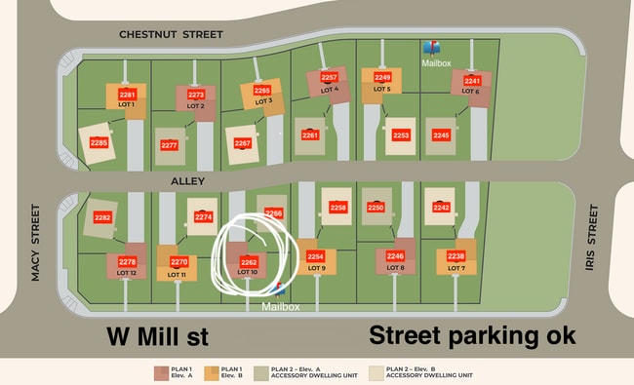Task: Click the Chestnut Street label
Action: [x=171, y=34]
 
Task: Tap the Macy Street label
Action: [x=35, y=243]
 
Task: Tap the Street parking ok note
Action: [x=472, y=336]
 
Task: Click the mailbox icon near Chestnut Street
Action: [x=431, y=47]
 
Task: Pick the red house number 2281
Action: [x=127, y=95]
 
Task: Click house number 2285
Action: [x=99, y=142]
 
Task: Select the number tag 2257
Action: [x=329, y=78]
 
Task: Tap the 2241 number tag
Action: [x=472, y=81]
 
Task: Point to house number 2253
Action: [x=401, y=135]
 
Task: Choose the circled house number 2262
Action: [x=249, y=262]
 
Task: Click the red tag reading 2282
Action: [x=102, y=218]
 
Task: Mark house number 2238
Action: [x=456, y=256]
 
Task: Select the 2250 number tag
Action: [x=376, y=208]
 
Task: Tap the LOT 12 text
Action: [x=127, y=273]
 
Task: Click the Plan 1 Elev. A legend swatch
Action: [x=161, y=372]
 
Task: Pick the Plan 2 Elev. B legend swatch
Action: [x=378, y=372]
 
